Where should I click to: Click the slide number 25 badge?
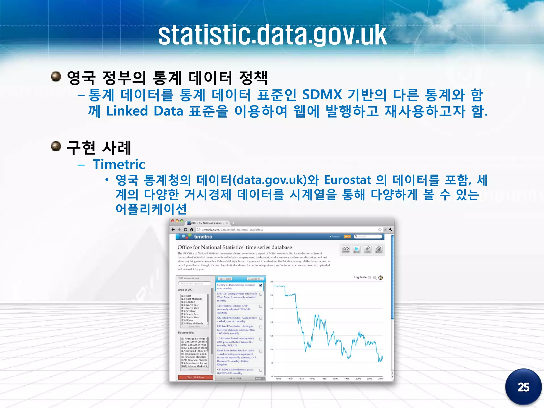[523, 387]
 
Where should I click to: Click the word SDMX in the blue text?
[322, 95]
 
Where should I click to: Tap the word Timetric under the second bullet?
[119, 164]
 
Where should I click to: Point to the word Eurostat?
[347, 180]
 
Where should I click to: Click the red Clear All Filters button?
[195, 377]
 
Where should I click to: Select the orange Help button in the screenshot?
[347, 236]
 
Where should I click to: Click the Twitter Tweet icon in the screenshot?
[356, 249]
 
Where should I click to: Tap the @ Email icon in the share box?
[379, 249]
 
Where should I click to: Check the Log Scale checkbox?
[369, 278]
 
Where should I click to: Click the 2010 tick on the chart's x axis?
[381, 379]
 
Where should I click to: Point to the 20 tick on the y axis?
[271, 282]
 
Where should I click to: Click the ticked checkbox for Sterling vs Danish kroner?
[261, 285]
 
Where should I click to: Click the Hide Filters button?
[225, 279]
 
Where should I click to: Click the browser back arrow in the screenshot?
[173, 229]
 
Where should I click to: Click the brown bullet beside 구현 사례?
[56, 146]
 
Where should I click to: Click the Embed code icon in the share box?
[346, 249]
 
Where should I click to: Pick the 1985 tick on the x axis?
[324, 379]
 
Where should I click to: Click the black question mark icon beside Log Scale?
[381, 278]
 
